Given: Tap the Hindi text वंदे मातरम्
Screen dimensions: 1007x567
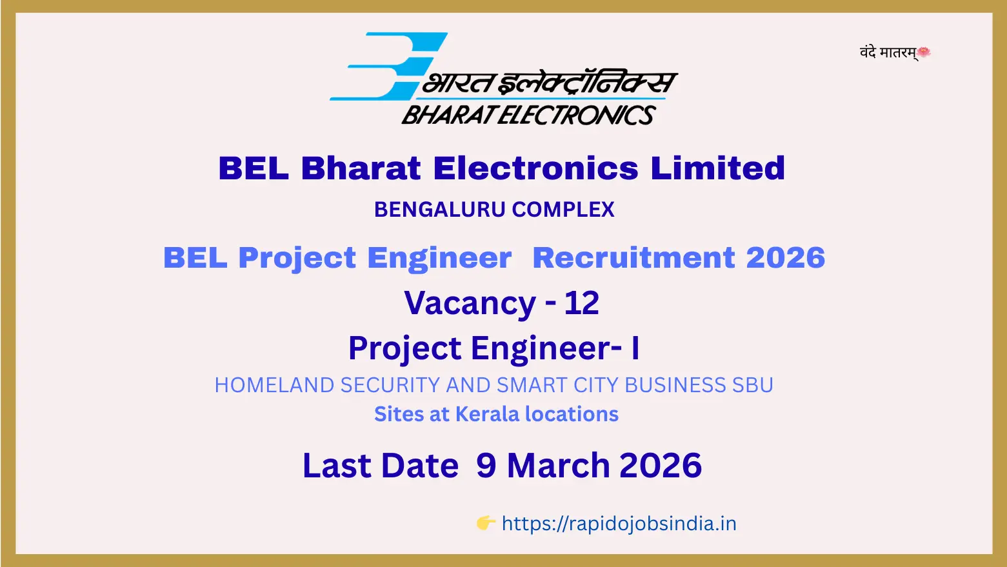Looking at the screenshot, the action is point(888,53).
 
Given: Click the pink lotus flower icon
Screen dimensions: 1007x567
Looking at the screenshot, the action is point(924,52).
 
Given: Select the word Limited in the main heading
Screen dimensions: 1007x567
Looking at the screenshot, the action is point(717,168).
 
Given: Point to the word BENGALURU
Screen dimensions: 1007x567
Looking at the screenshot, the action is point(440,210).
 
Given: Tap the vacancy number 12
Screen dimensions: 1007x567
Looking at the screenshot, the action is point(582,303).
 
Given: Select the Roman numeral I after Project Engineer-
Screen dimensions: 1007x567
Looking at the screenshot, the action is point(635,348).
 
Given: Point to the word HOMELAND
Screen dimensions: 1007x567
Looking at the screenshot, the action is point(274,385).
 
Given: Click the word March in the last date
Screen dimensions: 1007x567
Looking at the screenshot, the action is point(559,465).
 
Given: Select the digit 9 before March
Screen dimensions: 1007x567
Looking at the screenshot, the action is point(486,465).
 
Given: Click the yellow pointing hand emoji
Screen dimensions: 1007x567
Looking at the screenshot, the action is point(486,523).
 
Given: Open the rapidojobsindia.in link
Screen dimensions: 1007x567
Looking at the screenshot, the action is point(619,524).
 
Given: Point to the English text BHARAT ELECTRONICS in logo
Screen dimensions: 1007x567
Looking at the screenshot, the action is point(529,115).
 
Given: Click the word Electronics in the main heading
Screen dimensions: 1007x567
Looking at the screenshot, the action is point(536,168).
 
